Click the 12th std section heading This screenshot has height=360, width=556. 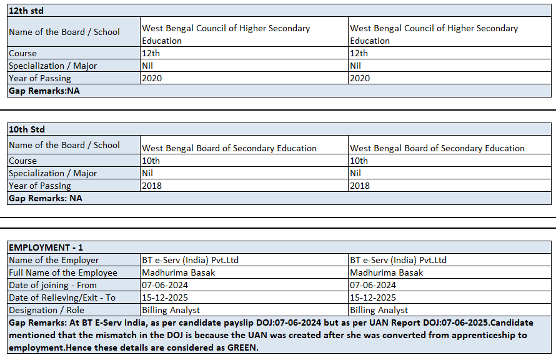coord(26,11)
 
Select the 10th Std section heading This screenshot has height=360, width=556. coord(27,129)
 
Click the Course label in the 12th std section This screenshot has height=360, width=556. coord(22,53)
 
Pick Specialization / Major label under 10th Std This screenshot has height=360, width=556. coord(52,173)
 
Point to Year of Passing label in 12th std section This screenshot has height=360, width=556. coord(39,78)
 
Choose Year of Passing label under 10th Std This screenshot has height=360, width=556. coord(39,186)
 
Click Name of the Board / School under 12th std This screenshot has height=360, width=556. coord(64,32)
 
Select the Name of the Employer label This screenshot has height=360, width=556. coord(54,260)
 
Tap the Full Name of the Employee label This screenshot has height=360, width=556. coord(63,272)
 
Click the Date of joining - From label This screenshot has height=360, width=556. coord(54,285)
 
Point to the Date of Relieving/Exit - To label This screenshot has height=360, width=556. coord(62,297)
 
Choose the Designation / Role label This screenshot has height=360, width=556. coord(46,310)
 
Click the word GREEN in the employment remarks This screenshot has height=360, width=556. coord(240,347)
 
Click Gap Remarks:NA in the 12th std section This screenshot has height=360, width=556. coord(44,91)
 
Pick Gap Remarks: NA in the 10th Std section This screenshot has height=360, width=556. coord(45,198)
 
